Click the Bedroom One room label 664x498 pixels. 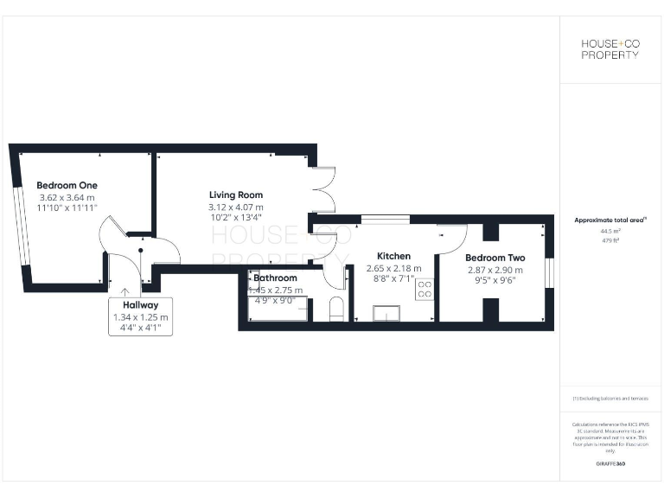tap(67, 185)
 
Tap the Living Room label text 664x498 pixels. tap(235, 195)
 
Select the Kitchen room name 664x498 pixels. tap(393, 256)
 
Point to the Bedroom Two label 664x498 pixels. tap(495, 258)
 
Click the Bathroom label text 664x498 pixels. tap(276, 278)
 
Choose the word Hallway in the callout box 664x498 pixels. tap(140, 305)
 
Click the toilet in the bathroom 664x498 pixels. tap(336, 309)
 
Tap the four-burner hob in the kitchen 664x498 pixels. tap(425, 289)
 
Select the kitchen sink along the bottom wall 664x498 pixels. tap(386, 313)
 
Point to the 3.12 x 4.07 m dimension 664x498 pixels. tap(235, 207)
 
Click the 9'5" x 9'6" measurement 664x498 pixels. tap(495, 280)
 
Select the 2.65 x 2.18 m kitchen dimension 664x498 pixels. tap(393, 268)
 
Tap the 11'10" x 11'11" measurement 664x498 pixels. tap(67, 208)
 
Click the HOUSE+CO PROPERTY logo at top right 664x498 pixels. tap(610, 49)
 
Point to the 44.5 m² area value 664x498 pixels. tap(610, 232)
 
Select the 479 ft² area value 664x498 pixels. tap(610, 240)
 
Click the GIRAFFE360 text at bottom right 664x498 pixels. tap(610, 465)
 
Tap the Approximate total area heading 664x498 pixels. tap(610, 220)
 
